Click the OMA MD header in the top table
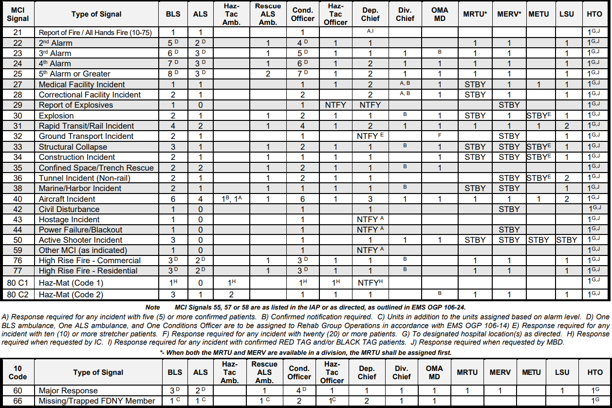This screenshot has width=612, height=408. [x=440, y=14]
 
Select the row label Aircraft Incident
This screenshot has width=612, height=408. [x=67, y=199]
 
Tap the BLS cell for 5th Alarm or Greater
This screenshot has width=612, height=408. [x=173, y=74]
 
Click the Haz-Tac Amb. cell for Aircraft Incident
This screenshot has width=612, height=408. [x=231, y=199]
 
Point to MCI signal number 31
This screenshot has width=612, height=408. [x=18, y=126]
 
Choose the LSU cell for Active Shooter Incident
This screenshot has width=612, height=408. [x=567, y=240]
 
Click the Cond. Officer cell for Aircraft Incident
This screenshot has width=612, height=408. [x=302, y=199]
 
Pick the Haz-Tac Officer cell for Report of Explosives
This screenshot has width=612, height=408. [x=335, y=105]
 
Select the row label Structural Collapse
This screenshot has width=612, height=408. [x=73, y=147]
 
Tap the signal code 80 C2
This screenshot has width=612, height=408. [x=18, y=295]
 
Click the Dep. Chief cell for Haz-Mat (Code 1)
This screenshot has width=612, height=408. [x=370, y=283]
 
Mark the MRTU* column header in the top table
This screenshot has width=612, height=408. [x=475, y=14]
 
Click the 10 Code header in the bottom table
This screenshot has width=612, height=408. [x=18, y=372]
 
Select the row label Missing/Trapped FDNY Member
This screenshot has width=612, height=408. [x=97, y=401]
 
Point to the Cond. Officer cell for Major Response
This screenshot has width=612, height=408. [x=299, y=390]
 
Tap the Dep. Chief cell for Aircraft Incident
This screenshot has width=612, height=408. [x=370, y=199]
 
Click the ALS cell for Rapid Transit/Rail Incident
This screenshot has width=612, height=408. [x=200, y=126]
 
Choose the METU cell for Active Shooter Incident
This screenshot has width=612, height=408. [x=538, y=240]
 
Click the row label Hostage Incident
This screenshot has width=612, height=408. [x=69, y=219]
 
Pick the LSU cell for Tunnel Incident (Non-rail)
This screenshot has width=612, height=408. [x=567, y=178]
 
